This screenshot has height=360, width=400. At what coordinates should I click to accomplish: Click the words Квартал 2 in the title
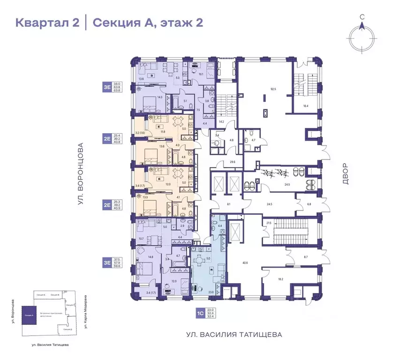[47, 22]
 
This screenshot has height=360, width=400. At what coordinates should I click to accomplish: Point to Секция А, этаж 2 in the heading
[148, 22]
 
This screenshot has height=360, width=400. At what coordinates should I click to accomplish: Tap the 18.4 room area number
[306, 106]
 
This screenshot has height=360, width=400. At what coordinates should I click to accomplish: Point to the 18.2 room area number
[281, 279]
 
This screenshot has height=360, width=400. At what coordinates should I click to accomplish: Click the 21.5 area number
[269, 223]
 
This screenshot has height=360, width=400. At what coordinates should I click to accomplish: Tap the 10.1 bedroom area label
[201, 74]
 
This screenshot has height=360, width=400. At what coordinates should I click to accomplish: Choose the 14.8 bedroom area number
[151, 256]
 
